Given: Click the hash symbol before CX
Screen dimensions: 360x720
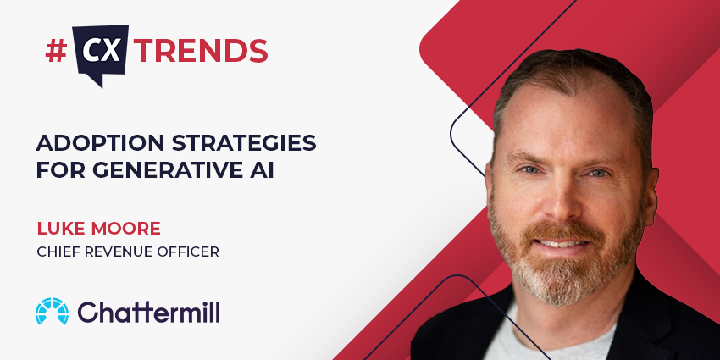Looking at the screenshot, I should coord(56,51).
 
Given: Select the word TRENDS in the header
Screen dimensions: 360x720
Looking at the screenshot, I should coord(202,51).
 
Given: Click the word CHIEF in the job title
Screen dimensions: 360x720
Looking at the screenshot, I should coord(58,251).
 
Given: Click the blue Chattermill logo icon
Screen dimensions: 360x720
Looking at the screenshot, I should coord(52,312).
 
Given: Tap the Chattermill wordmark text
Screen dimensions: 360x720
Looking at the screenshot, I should coord(149,312).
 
